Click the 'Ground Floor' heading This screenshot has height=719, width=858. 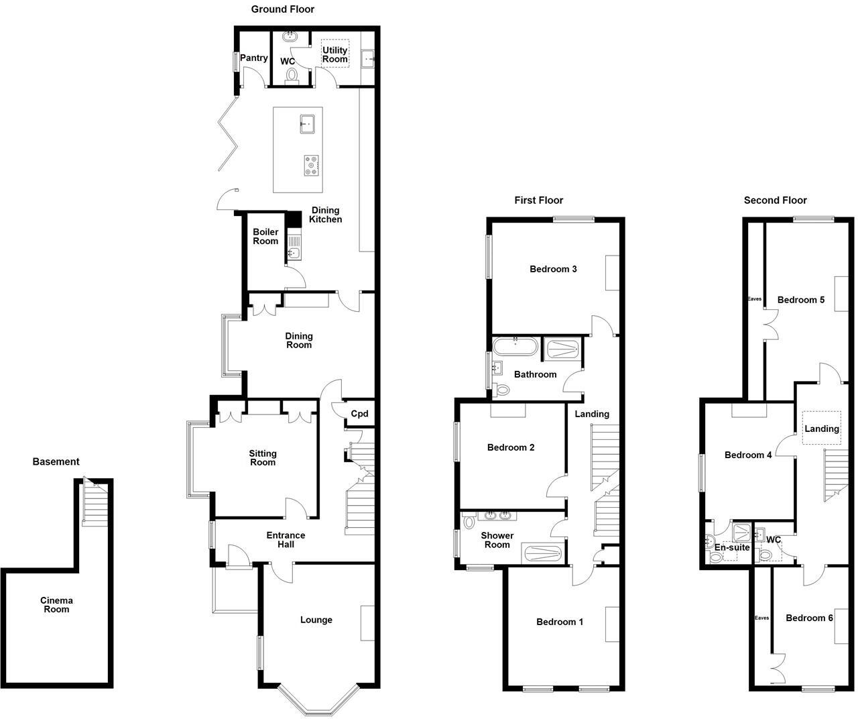(282, 9)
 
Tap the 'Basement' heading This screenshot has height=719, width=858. (56, 461)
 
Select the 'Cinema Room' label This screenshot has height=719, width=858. (56, 605)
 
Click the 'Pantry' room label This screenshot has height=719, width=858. (254, 58)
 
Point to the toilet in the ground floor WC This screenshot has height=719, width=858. (290, 74)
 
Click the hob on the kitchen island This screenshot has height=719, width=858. (310, 165)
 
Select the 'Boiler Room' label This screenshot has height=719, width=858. (265, 237)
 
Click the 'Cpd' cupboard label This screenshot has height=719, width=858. (360, 414)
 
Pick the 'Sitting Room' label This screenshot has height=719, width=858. (263, 458)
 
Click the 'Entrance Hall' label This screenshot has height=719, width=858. (286, 540)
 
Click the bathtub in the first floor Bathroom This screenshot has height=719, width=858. (515, 347)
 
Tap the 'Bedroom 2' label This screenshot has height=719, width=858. (511, 447)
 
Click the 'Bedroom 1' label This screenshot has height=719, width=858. (560, 622)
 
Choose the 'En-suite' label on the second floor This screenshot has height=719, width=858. (731, 547)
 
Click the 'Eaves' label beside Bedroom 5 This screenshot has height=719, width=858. (755, 299)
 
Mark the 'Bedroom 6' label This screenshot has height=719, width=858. (809, 618)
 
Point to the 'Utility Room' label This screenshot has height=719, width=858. (335, 54)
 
